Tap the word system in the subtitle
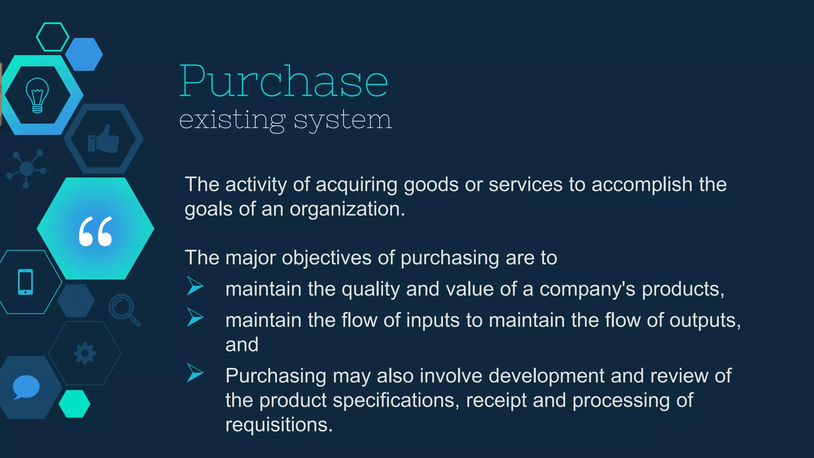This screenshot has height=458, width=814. pyautogui.click(x=343, y=120)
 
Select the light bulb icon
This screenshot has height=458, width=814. pyautogui.click(x=37, y=95)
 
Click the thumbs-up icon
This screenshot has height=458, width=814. pyautogui.click(x=104, y=139)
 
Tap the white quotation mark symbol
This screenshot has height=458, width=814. pyautogui.click(x=95, y=231)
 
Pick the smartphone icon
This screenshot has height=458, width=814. pyautogui.click(x=25, y=282)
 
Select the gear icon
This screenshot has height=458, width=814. pyautogui.click(x=85, y=353)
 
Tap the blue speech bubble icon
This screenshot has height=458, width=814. pyautogui.click(x=26, y=387)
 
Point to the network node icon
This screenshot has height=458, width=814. pyautogui.click(x=27, y=169)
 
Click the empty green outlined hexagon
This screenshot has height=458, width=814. pyautogui.click(x=52, y=37)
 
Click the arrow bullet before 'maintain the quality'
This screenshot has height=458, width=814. pyautogui.click(x=195, y=286)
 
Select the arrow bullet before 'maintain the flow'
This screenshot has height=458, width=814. pyautogui.click(x=195, y=317)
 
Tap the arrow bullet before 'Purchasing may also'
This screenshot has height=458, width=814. pyautogui.click(x=195, y=373)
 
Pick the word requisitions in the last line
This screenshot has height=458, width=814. pyautogui.click(x=279, y=425)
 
